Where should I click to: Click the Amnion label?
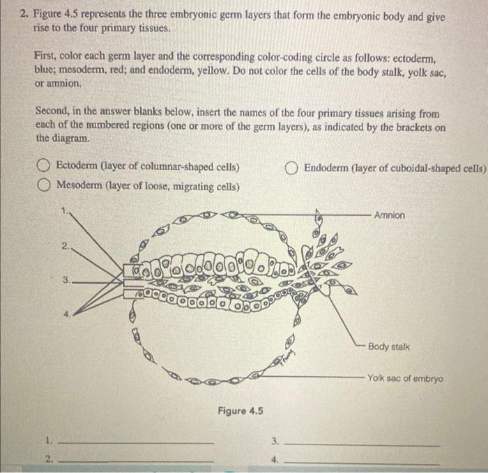[389, 215]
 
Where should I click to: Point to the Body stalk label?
[389, 346]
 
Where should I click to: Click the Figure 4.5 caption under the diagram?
[241, 410]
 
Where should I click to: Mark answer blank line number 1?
[136, 442]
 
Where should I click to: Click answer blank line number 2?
[136, 460]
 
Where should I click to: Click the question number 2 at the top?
[23, 16]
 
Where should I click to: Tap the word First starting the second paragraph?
[47, 55]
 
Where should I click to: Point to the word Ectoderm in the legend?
[79, 167]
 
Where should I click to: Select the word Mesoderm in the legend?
[80, 186]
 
